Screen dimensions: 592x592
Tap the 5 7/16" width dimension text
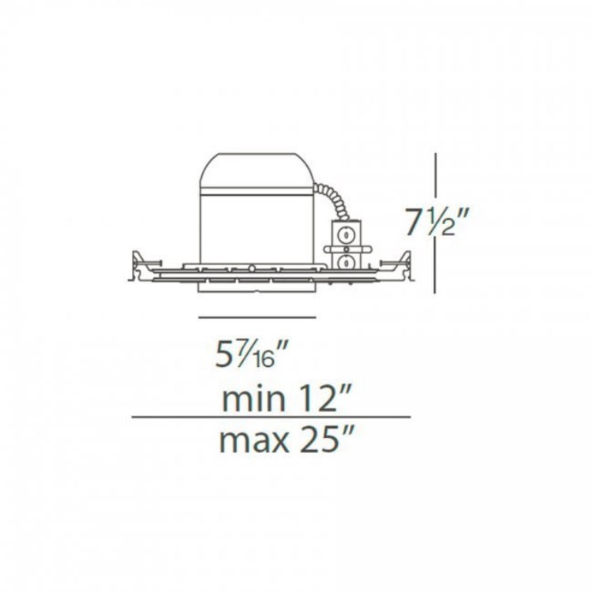tap(249, 354)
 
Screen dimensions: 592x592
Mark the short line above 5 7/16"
tap(257, 317)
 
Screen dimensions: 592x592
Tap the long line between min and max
tap(271, 417)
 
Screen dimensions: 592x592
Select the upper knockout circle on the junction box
tap(345, 234)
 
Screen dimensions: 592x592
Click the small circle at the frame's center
tap(250, 269)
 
